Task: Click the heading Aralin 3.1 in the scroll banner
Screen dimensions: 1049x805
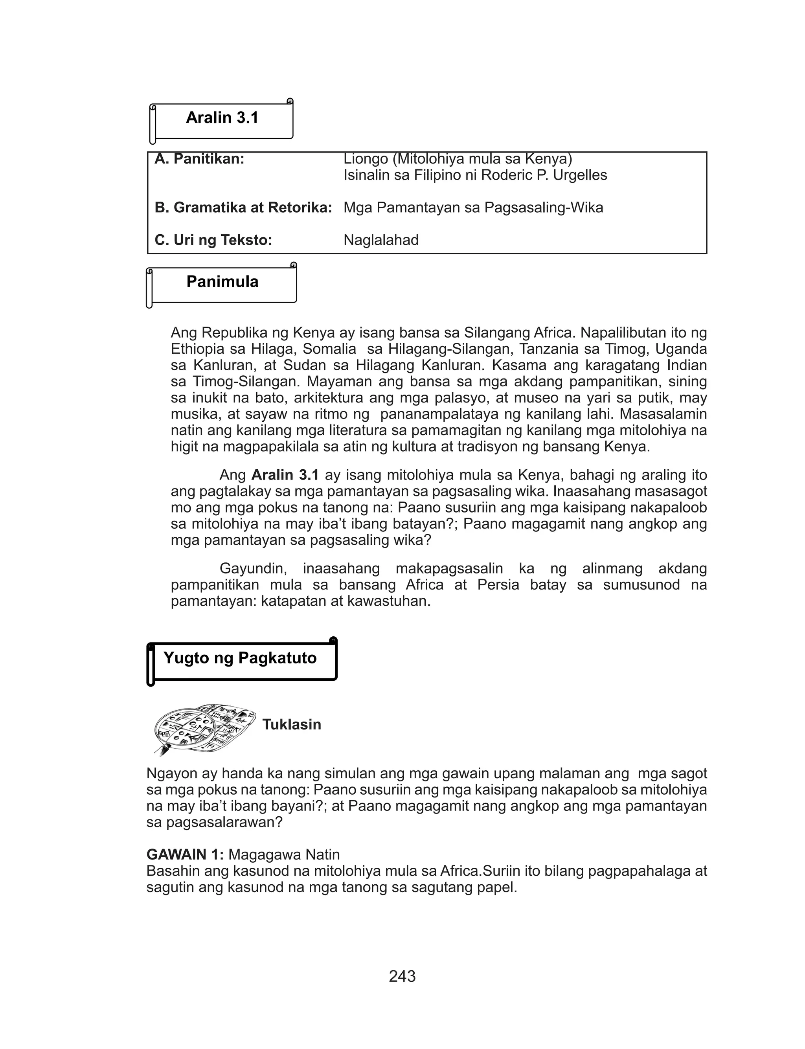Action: tap(222, 118)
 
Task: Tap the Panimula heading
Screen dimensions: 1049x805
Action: tap(222, 282)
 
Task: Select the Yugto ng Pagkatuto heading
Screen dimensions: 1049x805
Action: tap(240, 658)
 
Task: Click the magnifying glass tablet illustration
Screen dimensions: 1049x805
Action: tap(204, 728)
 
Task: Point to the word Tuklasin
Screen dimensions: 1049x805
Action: tap(291, 724)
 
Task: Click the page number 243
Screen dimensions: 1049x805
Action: tap(402, 976)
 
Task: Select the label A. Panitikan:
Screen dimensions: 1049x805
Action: tap(199, 159)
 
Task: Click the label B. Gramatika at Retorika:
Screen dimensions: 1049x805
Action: tap(243, 208)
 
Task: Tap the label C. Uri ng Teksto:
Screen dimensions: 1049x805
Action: tap(213, 240)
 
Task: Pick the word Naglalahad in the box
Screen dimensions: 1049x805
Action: tap(381, 240)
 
